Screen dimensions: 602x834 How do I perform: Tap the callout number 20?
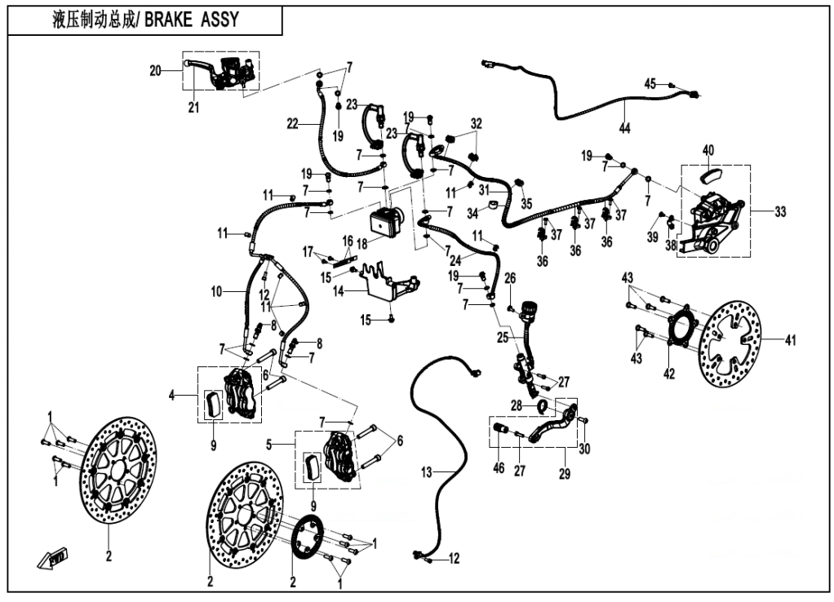pyautogui.click(x=155, y=70)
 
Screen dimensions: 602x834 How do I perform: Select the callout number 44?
pyautogui.click(x=624, y=128)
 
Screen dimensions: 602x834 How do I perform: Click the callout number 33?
pyautogui.click(x=781, y=211)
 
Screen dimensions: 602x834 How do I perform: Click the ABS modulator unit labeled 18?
pyautogui.click(x=387, y=220)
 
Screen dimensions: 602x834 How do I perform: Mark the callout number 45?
pyautogui.click(x=650, y=84)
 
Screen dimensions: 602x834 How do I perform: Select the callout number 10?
pyautogui.click(x=215, y=291)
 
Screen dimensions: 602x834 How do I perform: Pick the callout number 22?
pyautogui.click(x=291, y=123)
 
